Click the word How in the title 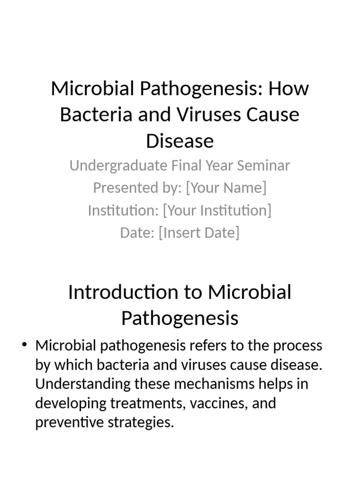tap(289, 89)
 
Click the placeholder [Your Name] tap(226, 188)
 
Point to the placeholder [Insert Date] tap(199, 232)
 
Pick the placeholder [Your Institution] tap(217, 210)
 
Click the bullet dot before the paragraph tap(24, 346)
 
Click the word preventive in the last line tap(68, 423)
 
